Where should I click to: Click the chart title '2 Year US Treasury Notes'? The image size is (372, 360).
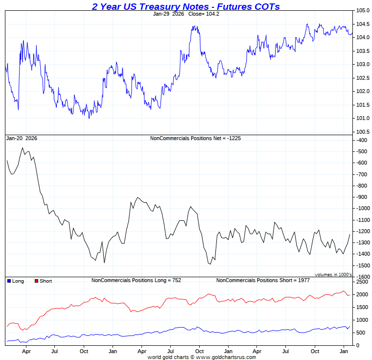click(186, 6)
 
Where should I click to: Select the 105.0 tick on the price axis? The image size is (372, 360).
click(363, 11)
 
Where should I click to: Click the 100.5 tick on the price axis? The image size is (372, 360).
click(363, 132)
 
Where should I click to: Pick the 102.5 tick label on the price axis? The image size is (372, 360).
click(363, 78)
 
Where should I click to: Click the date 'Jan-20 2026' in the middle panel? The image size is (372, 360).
click(21, 139)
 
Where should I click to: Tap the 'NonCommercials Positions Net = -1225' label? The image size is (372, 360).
click(195, 139)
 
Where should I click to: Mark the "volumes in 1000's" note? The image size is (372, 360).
click(333, 275)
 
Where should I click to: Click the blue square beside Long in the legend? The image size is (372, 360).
click(9, 281)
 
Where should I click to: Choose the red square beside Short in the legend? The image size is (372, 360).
click(36, 281)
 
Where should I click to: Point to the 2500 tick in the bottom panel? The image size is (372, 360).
click(362, 282)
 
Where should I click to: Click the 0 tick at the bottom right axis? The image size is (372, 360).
click(357, 345)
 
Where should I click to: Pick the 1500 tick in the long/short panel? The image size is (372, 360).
click(362, 308)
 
